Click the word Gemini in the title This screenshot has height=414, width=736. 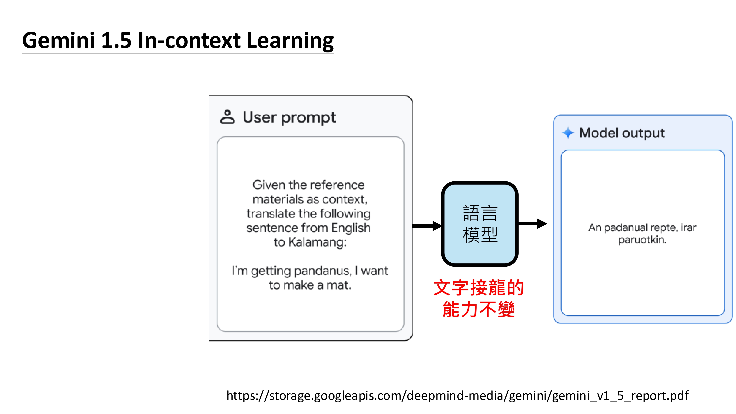tap(59, 40)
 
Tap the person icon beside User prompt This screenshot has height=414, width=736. tap(227, 117)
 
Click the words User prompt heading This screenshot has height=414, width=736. tap(289, 117)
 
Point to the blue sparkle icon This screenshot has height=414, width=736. tap(568, 133)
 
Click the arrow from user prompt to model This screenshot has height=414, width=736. tap(427, 226)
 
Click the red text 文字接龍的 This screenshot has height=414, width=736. tap(479, 288)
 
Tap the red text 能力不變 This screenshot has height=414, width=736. tap(479, 309)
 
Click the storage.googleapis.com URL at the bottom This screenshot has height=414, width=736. tap(457, 396)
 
